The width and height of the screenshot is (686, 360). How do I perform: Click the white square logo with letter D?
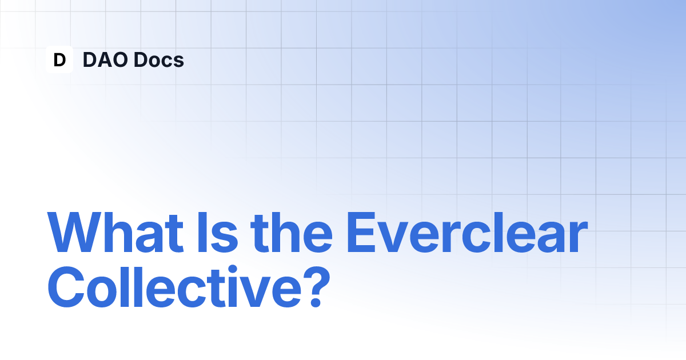tap(59, 59)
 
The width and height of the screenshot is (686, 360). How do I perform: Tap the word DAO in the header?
tap(105, 59)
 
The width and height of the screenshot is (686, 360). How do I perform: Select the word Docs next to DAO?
tap(159, 59)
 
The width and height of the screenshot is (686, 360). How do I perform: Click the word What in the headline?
tap(115, 232)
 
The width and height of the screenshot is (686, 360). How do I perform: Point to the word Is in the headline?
tap(218, 232)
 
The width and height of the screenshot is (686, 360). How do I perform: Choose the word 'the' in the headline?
tap(291, 232)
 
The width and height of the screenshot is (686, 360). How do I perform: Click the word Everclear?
tap(468, 232)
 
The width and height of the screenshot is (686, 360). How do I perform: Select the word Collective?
tap(174, 286)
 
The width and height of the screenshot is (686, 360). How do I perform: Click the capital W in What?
tap(74, 232)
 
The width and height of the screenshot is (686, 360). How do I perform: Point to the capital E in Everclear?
tap(361, 232)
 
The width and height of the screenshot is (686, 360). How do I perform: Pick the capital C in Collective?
tap(66, 287)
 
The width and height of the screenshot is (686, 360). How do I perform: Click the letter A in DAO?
tap(105, 59)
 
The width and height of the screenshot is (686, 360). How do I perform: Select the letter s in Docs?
tap(178, 62)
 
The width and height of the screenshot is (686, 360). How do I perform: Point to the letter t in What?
tap(174, 234)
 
